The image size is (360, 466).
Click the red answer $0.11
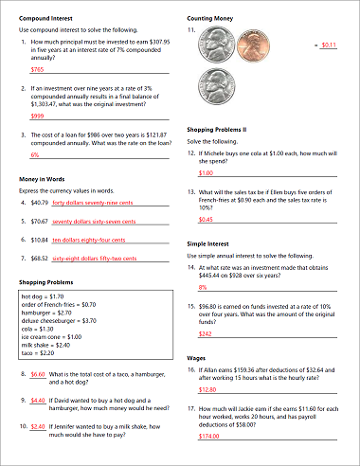pos(330,45)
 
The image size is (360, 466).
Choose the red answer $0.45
pos(206,219)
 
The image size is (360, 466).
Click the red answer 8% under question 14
pos(203,287)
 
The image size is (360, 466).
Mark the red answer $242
pos(206,333)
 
